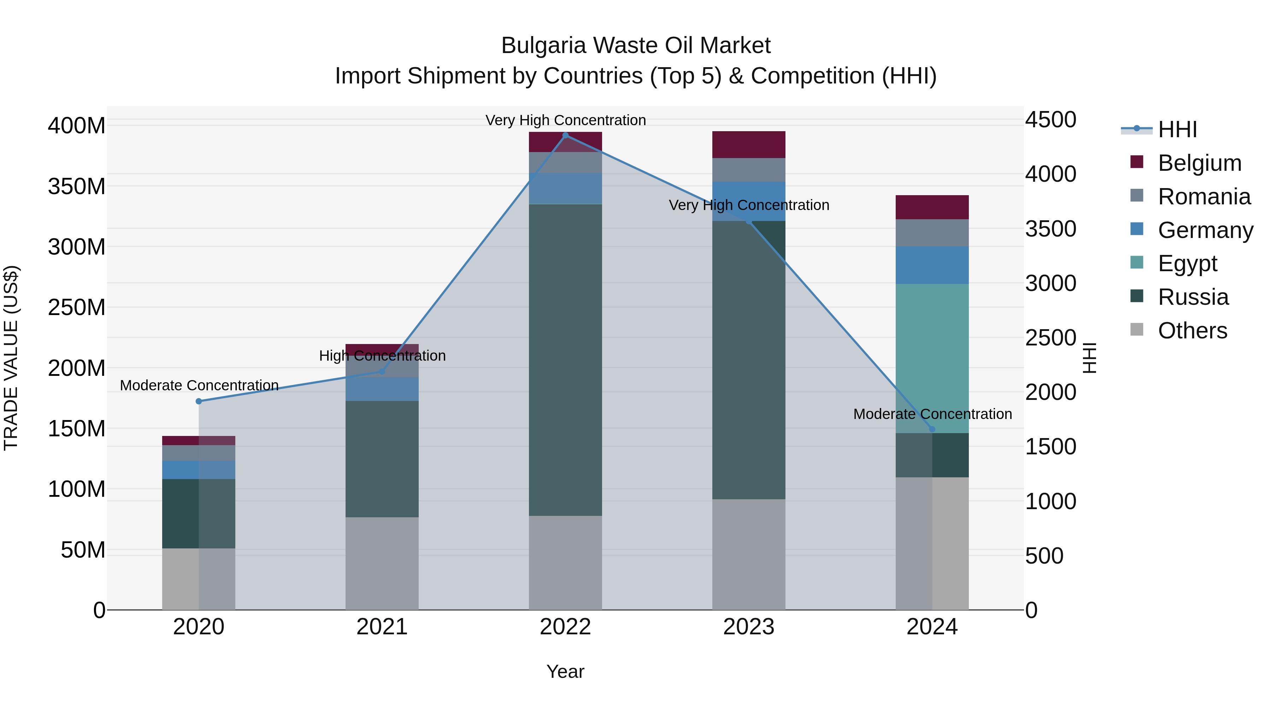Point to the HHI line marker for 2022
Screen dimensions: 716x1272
coord(565,135)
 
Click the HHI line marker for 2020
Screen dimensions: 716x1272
coord(199,401)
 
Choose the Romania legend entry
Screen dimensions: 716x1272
coord(1203,196)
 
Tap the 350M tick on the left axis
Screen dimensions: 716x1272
coord(77,186)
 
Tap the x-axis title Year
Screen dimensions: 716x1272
coord(565,671)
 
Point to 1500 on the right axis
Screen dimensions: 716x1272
coord(1050,447)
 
